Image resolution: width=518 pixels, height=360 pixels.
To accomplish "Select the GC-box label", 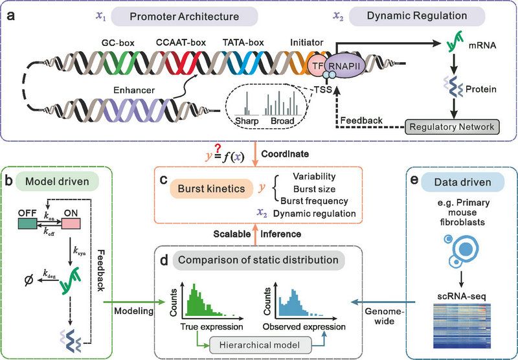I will [x=117, y=43].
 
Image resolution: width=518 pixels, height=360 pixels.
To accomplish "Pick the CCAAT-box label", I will [x=180, y=43].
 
